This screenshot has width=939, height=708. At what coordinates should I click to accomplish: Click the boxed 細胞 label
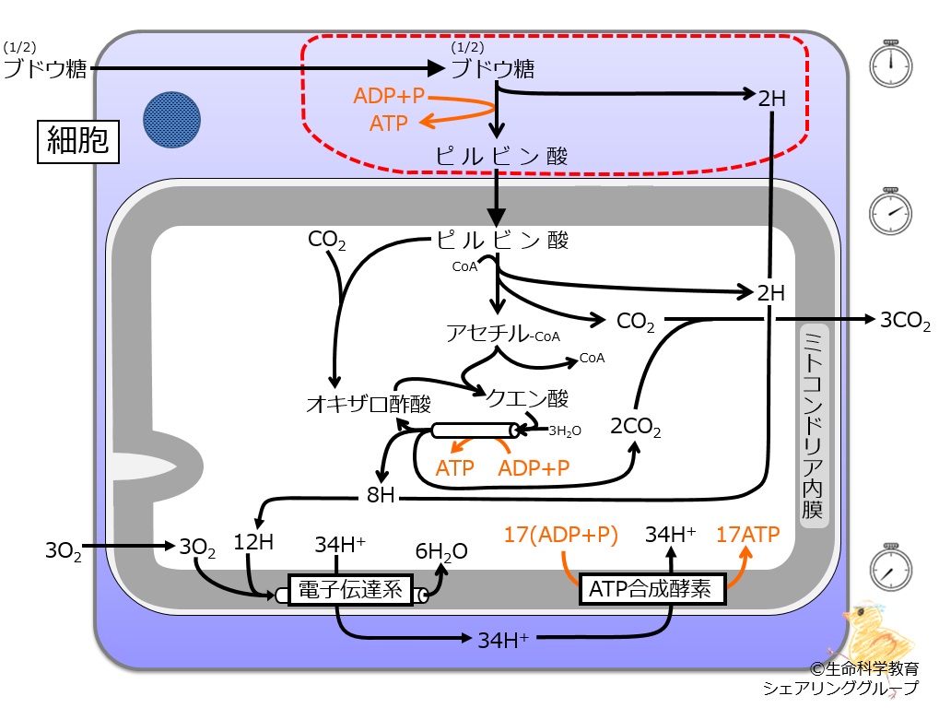click(78, 141)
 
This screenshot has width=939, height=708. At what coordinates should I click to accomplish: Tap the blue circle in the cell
click(172, 120)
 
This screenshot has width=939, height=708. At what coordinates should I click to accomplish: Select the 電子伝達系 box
click(350, 590)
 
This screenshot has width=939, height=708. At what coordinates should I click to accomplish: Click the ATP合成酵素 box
click(652, 589)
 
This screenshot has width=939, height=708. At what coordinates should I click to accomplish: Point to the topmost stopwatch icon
click(890, 64)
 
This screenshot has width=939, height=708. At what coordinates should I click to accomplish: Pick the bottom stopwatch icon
click(890, 567)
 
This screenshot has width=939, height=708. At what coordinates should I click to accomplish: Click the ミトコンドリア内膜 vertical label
click(814, 425)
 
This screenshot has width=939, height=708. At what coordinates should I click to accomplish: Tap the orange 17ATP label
click(748, 534)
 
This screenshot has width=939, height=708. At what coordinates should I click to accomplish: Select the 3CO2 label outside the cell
click(905, 321)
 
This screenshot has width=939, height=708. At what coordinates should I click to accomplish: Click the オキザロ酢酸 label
click(369, 404)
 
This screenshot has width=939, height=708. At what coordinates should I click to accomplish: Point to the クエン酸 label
click(528, 397)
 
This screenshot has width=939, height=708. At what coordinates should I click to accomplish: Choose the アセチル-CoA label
click(503, 333)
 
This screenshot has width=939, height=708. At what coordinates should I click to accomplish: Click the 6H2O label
click(441, 551)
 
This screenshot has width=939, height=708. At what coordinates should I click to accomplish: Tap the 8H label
click(381, 495)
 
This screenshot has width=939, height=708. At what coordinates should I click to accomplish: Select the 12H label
click(253, 542)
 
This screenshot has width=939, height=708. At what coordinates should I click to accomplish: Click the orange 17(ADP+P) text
click(560, 535)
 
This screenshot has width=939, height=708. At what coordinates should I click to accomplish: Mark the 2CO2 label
click(636, 427)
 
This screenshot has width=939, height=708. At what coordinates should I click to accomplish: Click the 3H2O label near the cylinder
click(565, 431)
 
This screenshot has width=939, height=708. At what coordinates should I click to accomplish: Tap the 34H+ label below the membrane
click(503, 641)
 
